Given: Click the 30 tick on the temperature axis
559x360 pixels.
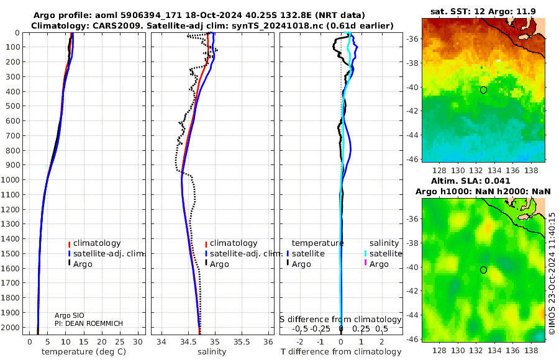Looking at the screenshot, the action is coord(138,342).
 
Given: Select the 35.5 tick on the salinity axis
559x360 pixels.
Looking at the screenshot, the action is coord(242,342).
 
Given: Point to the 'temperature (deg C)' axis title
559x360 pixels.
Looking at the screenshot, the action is coord(84,352).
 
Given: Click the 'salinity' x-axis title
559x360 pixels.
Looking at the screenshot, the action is coord(212,352).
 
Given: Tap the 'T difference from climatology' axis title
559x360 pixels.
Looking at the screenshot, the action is coord(341,352).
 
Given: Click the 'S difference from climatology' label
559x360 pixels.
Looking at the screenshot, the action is coord(340,320).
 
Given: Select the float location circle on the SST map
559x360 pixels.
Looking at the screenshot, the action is coord(483,90).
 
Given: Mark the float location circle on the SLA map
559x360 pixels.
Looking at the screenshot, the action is coord(483,270).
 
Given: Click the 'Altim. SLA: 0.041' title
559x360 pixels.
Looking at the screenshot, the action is coord(471,181).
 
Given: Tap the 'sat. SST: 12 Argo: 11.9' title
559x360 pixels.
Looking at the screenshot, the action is coord(483,12).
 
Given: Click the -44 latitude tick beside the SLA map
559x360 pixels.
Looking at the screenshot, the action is coord(412,315).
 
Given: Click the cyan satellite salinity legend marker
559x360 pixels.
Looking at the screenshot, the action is coord(365,253).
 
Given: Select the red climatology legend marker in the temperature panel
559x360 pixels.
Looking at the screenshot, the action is coord(69,245).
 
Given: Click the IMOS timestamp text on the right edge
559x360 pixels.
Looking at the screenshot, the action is coord(552,274).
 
